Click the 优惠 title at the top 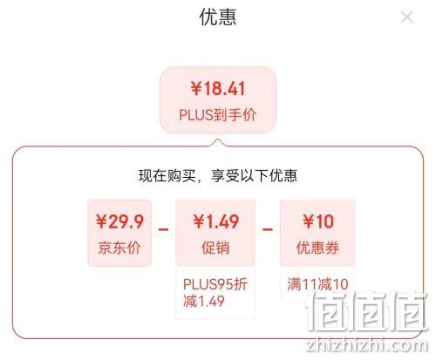tap(218, 17)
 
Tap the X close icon tap(406, 17)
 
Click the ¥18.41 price tap(218, 88)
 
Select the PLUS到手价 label tap(218, 115)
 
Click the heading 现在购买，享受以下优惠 tap(218, 176)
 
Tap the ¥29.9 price tap(119, 221)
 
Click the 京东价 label tap(119, 248)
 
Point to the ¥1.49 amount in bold tap(216, 221)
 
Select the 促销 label tap(215, 248)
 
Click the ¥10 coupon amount tap(318, 221)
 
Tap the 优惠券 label tap(317, 248)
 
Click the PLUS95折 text tap(215, 284)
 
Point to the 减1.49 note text tap(204, 301)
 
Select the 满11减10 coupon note tap(317, 284)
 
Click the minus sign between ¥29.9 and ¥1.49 tap(163, 229)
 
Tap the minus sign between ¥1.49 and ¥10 tap(268, 229)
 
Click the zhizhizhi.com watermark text tap(367, 345)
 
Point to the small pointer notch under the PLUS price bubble tap(218, 142)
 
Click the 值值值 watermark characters tap(367, 311)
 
